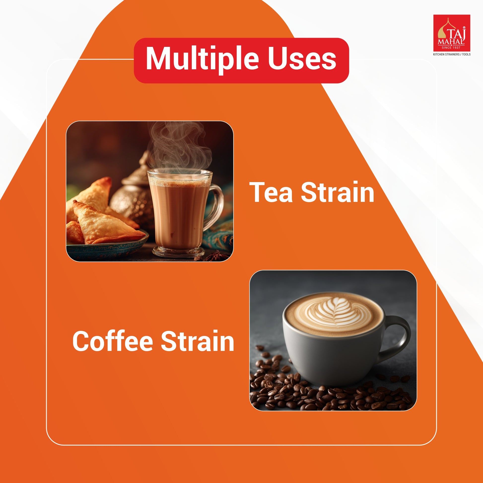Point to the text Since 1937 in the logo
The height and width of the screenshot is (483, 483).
(451, 47)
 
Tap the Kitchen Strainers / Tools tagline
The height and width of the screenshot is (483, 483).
(452, 54)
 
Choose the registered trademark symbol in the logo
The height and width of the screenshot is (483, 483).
(464, 28)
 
